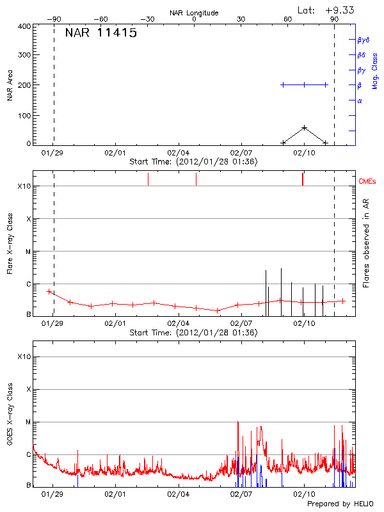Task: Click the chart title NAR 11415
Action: (x=100, y=33)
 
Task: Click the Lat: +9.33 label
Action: (x=326, y=10)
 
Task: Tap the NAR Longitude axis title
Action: (x=194, y=13)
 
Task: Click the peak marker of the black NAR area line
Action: (x=304, y=128)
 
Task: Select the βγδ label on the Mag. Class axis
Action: (x=363, y=40)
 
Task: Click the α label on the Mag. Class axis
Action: (x=360, y=100)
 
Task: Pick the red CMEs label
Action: (x=368, y=182)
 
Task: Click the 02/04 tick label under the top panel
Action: (x=178, y=154)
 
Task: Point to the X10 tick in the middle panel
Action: (x=24, y=186)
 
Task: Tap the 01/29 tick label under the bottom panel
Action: (x=52, y=495)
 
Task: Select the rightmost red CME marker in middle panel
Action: (x=303, y=179)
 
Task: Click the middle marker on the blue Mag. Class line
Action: (x=304, y=84)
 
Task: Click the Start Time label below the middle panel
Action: (x=193, y=333)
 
